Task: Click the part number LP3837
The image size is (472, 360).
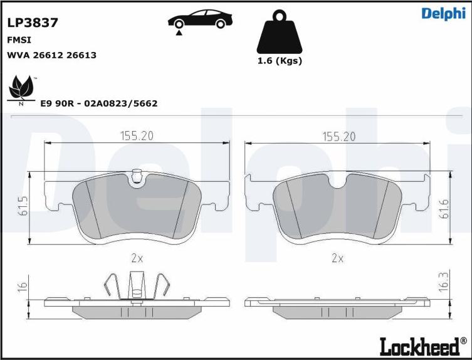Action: (x=33, y=23)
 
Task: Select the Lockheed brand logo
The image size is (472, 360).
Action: (x=422, y=345)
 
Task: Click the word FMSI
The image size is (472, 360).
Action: (x=19, y=40)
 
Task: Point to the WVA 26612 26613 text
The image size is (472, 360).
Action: (x=51, y=55)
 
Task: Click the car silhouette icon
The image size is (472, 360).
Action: (x=197, y=20)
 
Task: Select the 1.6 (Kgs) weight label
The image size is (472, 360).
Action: (x=280, y=61)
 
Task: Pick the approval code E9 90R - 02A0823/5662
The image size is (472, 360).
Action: (x=98, y=103)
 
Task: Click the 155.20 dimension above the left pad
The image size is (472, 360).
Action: (x=137, y=135)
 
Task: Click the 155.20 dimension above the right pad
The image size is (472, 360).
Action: (x=338, y=135)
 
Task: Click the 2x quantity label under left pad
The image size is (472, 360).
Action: (x=137, y=258)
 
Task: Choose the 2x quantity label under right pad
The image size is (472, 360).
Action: (x=337, y=258)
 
